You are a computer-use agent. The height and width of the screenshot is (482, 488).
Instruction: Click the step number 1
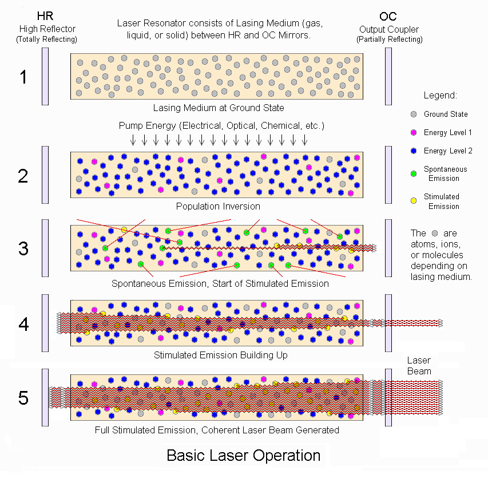coord(23,77)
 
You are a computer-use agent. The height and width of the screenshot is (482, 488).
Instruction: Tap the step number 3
coord(23,248)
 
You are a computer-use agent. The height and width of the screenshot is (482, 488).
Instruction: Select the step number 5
coord(23,398)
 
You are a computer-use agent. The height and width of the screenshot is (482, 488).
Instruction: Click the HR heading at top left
coord(45,17)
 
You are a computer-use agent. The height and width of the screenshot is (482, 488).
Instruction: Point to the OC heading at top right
coord(388,17)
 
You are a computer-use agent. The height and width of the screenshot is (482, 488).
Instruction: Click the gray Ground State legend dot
coord(414,114)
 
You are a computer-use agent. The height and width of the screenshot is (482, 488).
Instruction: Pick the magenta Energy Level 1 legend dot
coord(414,133)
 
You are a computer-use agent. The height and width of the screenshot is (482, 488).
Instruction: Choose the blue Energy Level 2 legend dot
coord(414,151)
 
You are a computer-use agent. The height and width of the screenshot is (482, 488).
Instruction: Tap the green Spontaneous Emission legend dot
coord(414,173)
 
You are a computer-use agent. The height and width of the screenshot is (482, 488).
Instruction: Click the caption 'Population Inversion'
coord(218,206)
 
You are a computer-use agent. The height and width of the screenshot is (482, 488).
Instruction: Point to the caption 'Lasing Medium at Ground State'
coord(218,108)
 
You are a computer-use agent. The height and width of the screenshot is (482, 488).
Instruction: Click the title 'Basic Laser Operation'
coord(243,456)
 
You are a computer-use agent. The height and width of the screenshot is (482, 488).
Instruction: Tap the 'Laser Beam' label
coord(419,366)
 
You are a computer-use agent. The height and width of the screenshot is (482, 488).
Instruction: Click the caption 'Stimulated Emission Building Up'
coord(220,355)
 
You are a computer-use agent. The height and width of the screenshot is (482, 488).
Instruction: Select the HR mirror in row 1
coord(45,77)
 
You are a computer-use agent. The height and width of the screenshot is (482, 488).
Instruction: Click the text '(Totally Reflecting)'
coord(46,39)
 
